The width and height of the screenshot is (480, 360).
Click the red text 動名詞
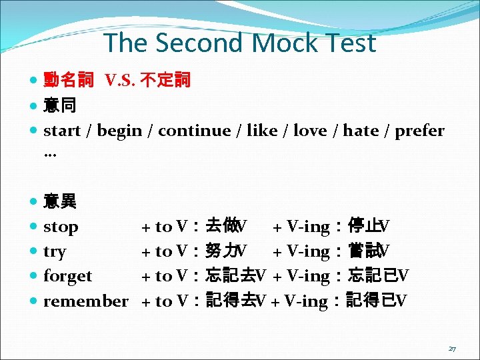[69, 81]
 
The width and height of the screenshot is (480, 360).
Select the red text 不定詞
[169, 81]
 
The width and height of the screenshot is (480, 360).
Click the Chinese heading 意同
[59, 105]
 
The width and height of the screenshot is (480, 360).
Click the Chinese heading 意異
[59, 201]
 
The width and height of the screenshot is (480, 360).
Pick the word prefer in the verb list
[419, 131]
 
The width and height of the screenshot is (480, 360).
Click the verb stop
[61, 227]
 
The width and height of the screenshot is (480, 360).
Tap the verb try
[55, 251]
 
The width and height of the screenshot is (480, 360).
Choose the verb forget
[67, 276]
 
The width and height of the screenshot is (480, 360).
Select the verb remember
[85, 301]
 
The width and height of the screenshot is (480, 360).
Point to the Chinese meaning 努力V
[227, 251]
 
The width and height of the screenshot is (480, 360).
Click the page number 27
[452, 348]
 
